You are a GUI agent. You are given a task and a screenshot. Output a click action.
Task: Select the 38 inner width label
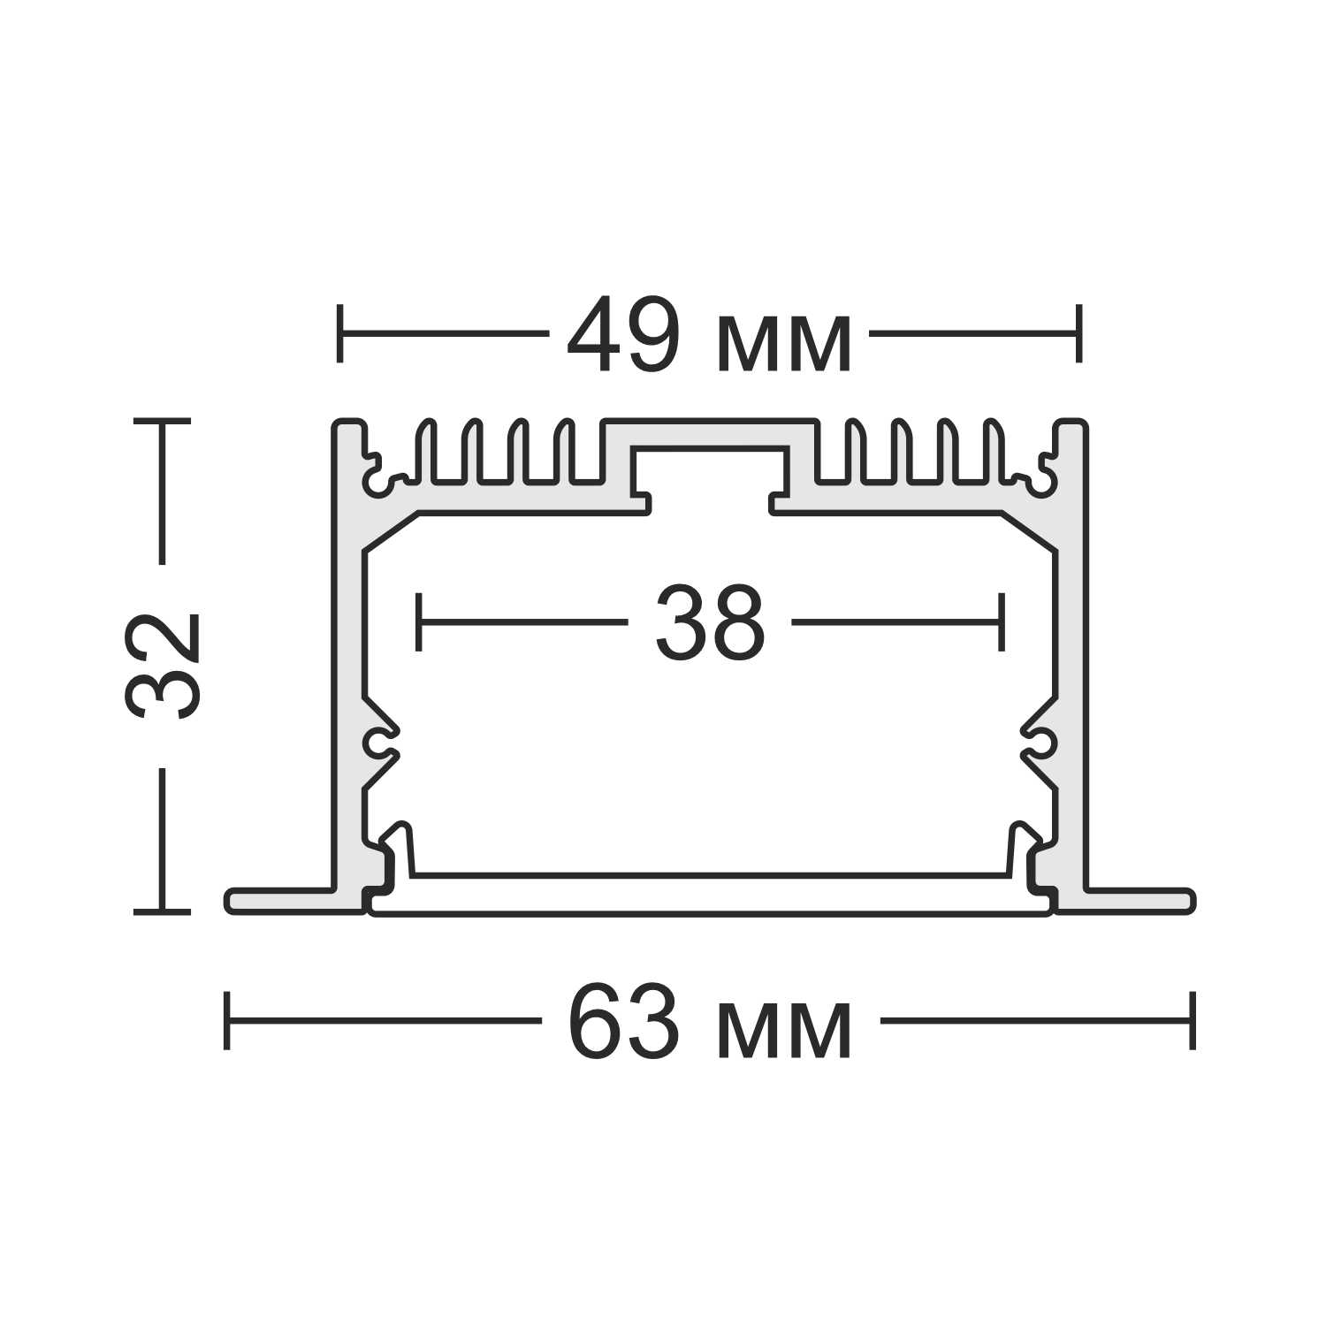[x=710, y=622]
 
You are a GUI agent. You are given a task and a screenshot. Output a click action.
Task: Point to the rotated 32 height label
[x=164, y=665]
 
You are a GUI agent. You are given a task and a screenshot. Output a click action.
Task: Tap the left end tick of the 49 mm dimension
[x=339, y=333]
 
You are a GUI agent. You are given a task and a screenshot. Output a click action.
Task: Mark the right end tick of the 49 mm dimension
[x=1078, y=333]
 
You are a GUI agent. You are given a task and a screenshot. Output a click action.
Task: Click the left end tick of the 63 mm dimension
[x=227, y=1020]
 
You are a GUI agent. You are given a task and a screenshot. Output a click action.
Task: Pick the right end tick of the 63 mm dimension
[x=1193, y=1020]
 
